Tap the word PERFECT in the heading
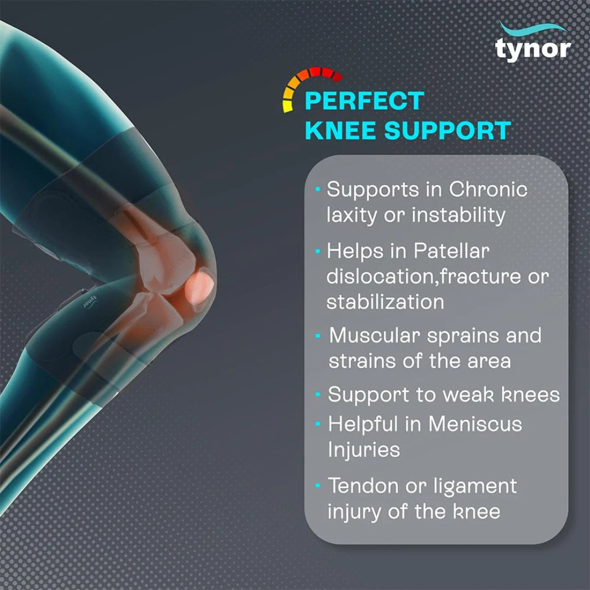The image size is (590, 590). coord(364,101)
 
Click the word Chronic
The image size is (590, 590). coord(488,190)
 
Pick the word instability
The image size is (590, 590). coord(458,215)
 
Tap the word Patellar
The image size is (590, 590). coord(451,251)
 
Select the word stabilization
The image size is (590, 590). coord(385,302)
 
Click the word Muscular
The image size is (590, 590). coord(375,335)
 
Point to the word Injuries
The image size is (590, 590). coord(364,450)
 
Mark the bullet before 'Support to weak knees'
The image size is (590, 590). coord(318,394)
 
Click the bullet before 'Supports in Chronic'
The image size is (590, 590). coord(318,190)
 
